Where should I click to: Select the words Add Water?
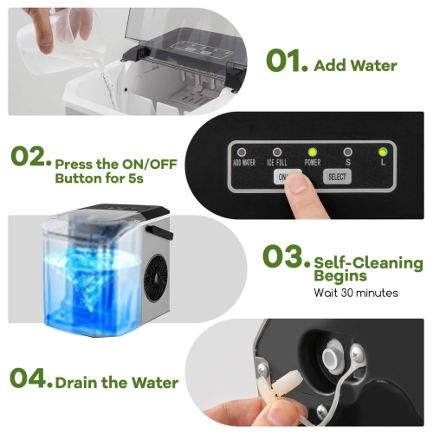pyautogui.click(x=355, y=65)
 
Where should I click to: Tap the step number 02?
pyautogui.click(x=29, y=158)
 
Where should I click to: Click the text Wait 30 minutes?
pyautogui.click(x=355, y=293)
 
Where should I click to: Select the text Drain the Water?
pyautogui.click(x=117, y=382)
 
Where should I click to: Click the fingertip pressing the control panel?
pyautogui.click(x=298, y=184)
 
